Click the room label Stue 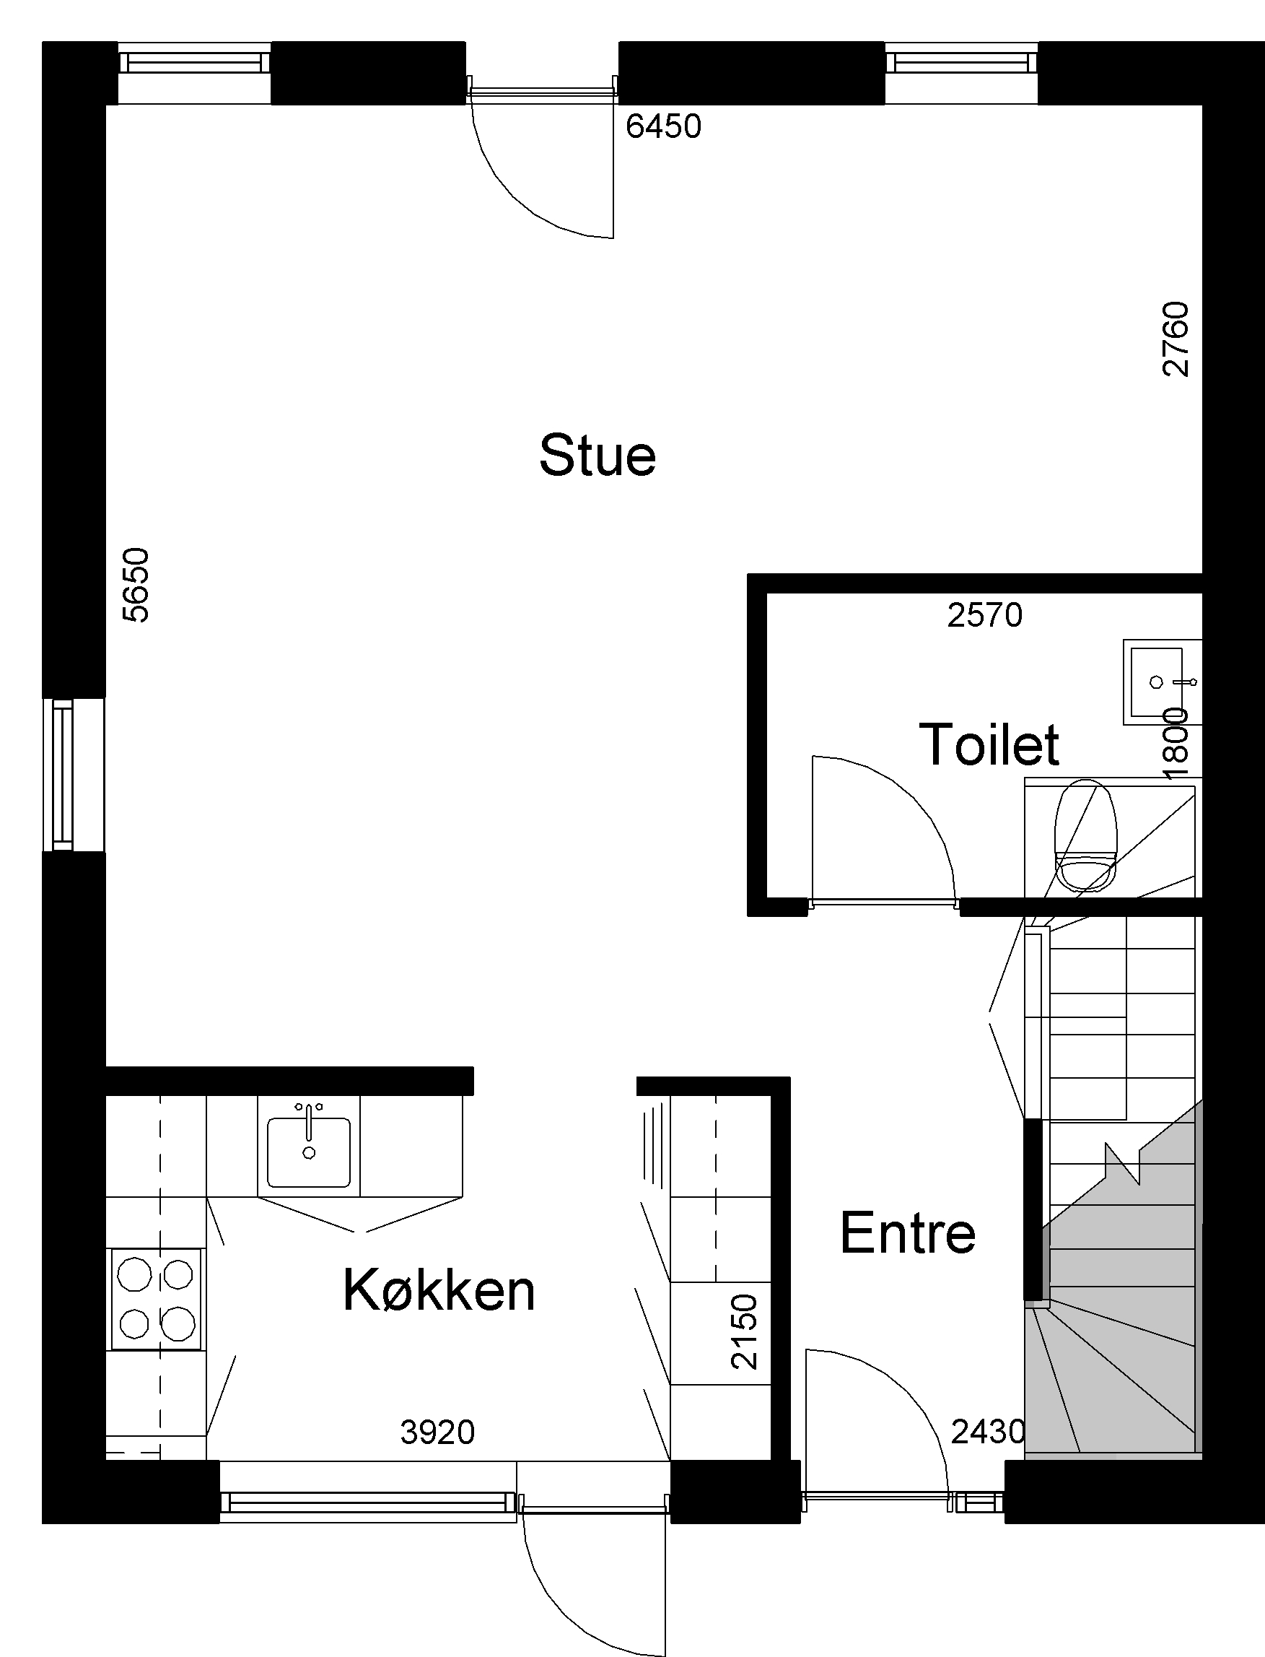point(597,456)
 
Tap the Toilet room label point(989,744)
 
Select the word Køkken point(439,1290)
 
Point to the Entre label point(907,1233)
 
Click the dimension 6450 point(663,126)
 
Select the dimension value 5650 point(136,586)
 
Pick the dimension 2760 point(1176,339)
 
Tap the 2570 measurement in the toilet point(985,615)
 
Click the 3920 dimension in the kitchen point(437,1432)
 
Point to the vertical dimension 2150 point(744,1331)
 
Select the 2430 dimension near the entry point(988,1432)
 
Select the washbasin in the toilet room point(1162,682)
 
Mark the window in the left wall point(64,774)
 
